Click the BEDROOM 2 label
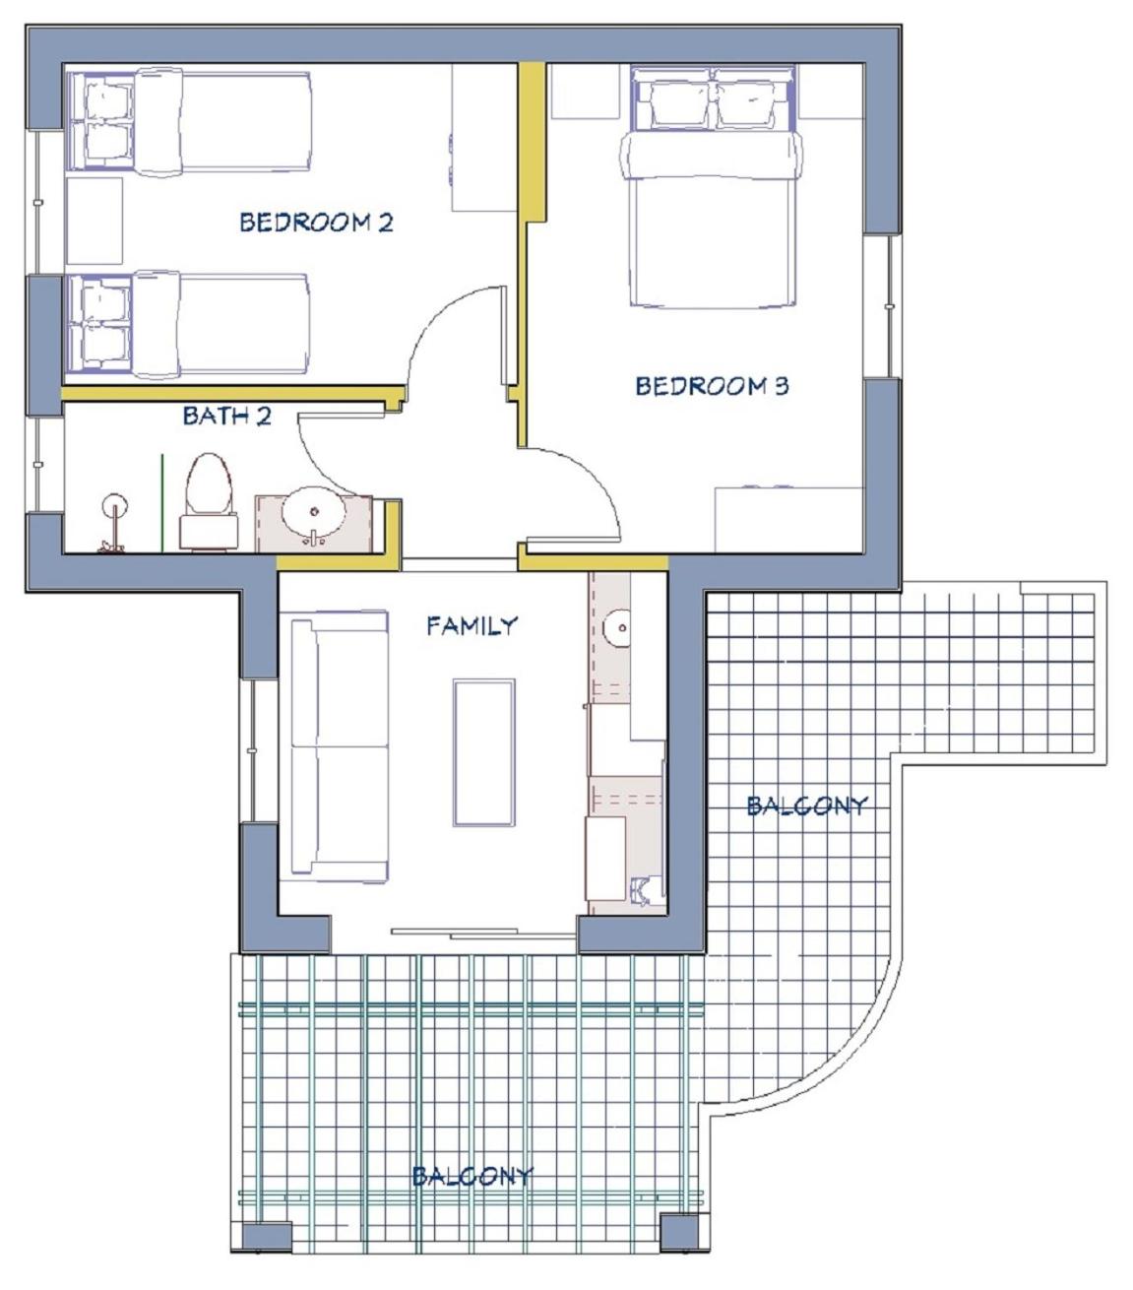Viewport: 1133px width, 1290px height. coord(316,222)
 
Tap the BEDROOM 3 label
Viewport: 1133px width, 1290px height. coord(713,386)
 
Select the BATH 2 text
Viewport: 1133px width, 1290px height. coord(227,416)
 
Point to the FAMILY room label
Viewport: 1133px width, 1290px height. coord(472,626)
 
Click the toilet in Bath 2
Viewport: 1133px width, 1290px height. coord(208,502)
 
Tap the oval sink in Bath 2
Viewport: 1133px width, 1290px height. coord(313,513)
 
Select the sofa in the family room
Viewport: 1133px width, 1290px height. coord(339,745)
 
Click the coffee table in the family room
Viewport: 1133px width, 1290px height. coord(483,752)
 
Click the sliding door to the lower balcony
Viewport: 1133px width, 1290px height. coord(483,934)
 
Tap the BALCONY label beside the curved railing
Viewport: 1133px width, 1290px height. coord(806,806)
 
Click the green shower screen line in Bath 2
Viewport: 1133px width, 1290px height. coord(162,503)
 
